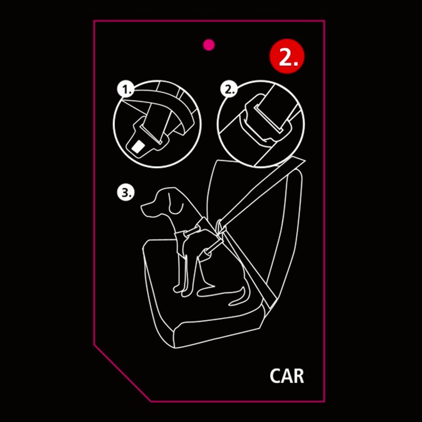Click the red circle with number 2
[x=287, y=56]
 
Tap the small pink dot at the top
[x=209, y=45]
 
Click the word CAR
[x=287, y=376]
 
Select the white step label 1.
[x=125, y=90]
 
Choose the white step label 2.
[x=229, y=89]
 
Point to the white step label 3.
[x=125, y=193]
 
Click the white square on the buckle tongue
[x=138, y=147]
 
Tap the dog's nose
[x=143, y=207]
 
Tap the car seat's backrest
[x=258, y=215]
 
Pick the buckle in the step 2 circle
[x=267, y=121]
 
